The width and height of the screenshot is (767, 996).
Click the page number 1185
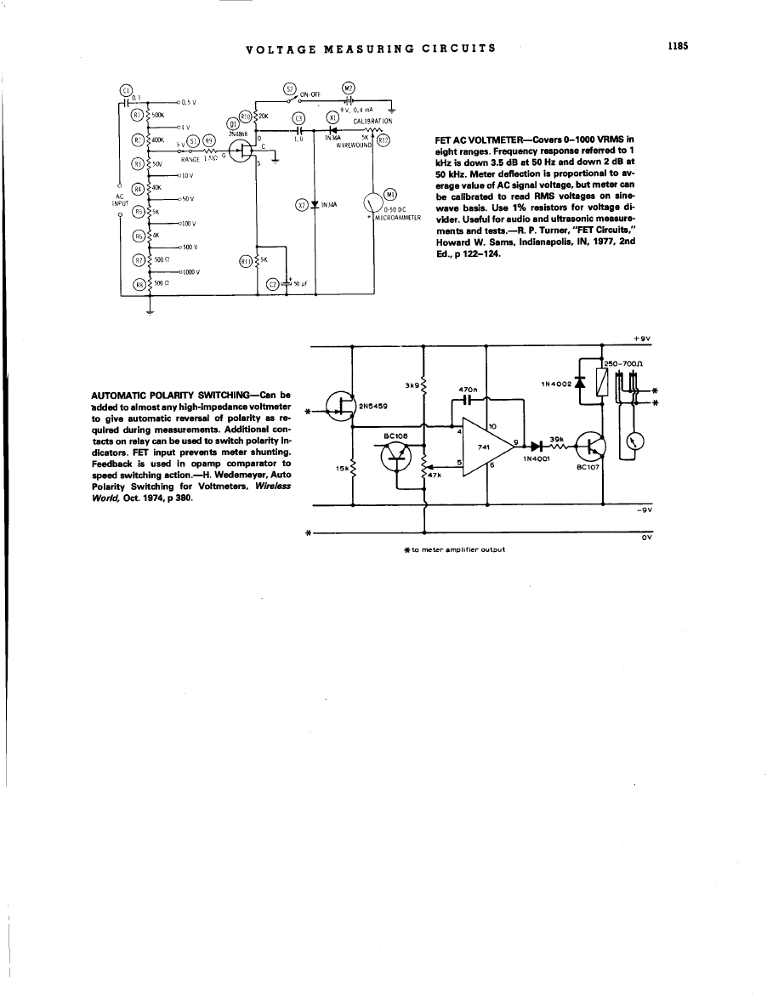[x=677, y=48]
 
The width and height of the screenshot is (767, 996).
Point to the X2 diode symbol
[x=315, y=204]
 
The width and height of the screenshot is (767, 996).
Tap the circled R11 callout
[x=247, y=260]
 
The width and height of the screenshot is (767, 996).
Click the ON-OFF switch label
[x=310, y=96]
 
